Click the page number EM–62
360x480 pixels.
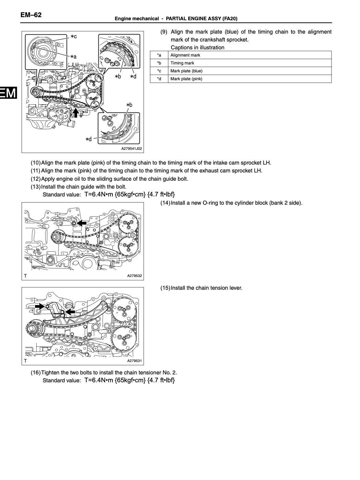click(31, 15)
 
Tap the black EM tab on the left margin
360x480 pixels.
click(8, 93)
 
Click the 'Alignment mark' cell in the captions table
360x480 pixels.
click(185, 55)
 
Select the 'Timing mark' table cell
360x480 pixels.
click(182, 63)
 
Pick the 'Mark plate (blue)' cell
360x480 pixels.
click(186, 71)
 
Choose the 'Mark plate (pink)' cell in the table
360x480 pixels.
click(186, 79)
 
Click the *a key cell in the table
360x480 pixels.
click(159, 55)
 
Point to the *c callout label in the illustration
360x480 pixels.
click(73, 36)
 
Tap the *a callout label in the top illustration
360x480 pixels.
click(73, 57)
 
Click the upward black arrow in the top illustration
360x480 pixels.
click(76, 112)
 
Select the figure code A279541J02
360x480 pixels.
click(131, 149)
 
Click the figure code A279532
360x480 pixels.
click(134, 276)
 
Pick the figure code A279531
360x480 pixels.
click(134, 361)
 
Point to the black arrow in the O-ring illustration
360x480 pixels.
click(82, 223)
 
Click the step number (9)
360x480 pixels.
click(164, 32)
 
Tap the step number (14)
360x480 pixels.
click(165, 203)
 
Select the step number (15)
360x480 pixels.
click(165, 288)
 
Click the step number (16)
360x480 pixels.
click(36, 373)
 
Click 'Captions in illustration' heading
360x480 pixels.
click(197, 48)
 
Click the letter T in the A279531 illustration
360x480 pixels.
click(25, 361)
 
